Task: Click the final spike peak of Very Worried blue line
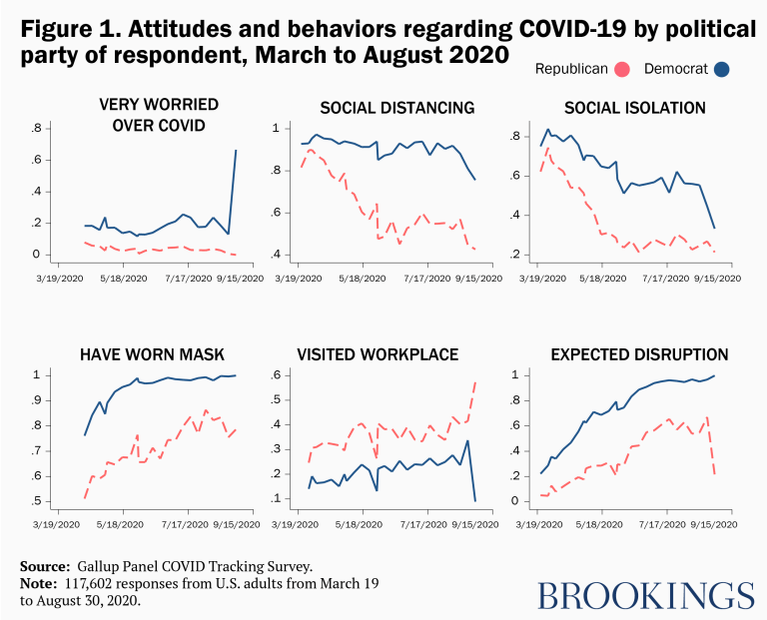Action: pyautogui.click(x=236, y=151)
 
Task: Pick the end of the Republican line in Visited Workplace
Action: pyautogui.click(x=474, y=381)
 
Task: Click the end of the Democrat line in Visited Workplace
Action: pyautogui.click(x=474, y=500)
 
